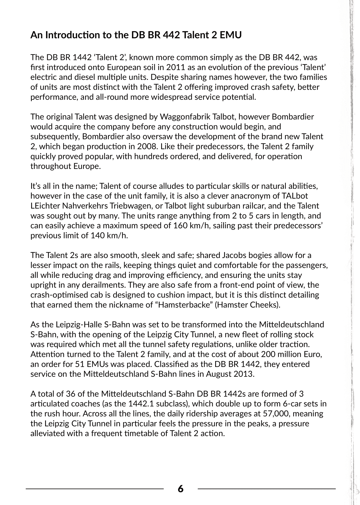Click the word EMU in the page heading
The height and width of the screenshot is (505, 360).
pyautogui.click(x=231, y=35)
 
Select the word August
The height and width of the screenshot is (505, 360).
pyautogui.click(x=217, y=374)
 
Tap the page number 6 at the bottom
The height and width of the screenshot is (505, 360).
pyautogui.click(x=180, y=489)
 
